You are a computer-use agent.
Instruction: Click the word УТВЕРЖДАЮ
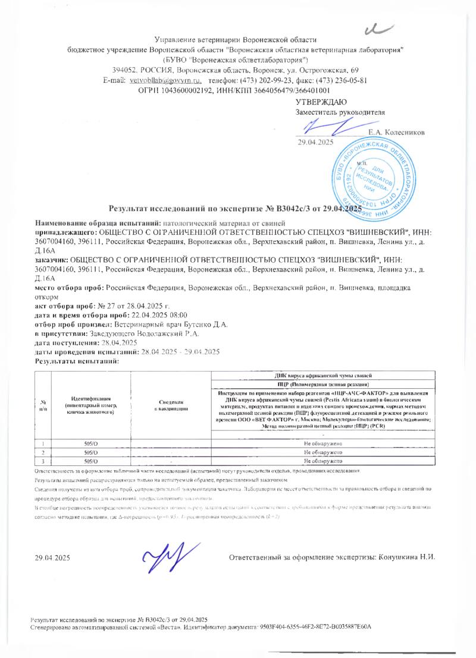coord(318,102)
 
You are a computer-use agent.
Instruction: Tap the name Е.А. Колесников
coord(397,132)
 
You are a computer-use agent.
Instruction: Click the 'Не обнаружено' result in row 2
coord(322,452)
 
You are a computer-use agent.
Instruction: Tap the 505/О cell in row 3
coord(91,460)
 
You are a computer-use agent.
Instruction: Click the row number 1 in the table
coord(43,444)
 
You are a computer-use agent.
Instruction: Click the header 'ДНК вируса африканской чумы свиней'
coord(323,376)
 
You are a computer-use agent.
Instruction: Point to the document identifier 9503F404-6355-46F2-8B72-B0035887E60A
coord(315,627)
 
